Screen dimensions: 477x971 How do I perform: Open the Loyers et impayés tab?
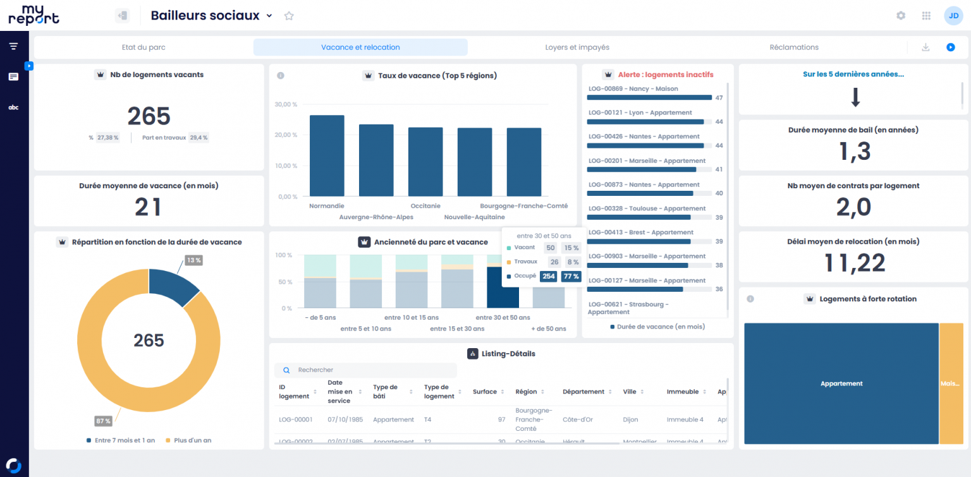tap(577, 47)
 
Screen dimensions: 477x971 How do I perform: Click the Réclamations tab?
tap(794, 47)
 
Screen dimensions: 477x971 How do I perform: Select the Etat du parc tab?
tap(144, 47)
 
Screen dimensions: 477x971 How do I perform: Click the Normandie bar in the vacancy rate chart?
tap(327, 155)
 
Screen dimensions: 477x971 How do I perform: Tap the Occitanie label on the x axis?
tap(425, 206)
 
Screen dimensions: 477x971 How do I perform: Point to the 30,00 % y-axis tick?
tap(286, 104)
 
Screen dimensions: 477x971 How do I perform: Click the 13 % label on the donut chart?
tap(193, 260)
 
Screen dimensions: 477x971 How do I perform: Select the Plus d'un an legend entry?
tap(192, 440)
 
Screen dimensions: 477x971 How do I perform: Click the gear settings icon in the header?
tap(901, 16)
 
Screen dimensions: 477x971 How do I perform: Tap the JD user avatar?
tap(953, 16)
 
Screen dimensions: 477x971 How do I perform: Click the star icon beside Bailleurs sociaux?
tap(289, 16)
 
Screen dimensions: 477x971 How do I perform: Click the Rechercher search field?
tap(373, 370)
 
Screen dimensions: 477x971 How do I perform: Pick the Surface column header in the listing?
tap(485, 392)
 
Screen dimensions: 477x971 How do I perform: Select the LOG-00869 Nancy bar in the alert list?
tap(649, 97)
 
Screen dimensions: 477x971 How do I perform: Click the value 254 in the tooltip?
tap(548, 276)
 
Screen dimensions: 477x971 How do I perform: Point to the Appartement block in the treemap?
tap(841, 383)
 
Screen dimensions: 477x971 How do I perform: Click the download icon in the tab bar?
tap(925, 47)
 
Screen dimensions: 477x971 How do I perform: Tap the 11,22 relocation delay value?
tap(854, 263)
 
